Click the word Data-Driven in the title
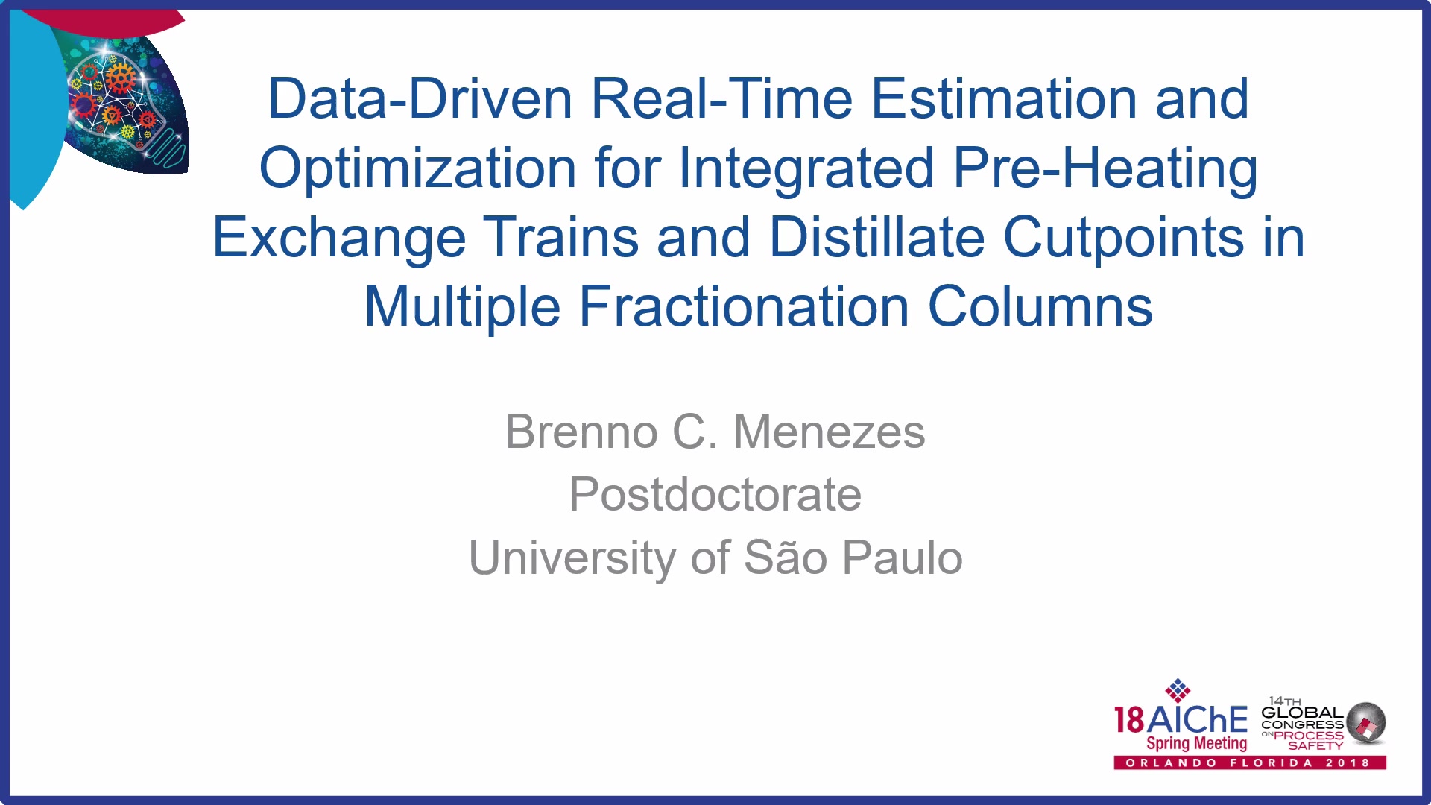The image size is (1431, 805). (420, 98)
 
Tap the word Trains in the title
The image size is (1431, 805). (561, 238)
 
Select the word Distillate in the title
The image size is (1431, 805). (877, 238)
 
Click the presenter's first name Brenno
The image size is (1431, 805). (581, 432)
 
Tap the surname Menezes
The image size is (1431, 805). (830, 432)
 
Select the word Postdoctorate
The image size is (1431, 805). (715, 494)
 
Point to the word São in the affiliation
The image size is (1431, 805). (786, 557)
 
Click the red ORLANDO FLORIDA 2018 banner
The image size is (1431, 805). (1250, 763)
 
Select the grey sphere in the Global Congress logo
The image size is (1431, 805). (1366, 722)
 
